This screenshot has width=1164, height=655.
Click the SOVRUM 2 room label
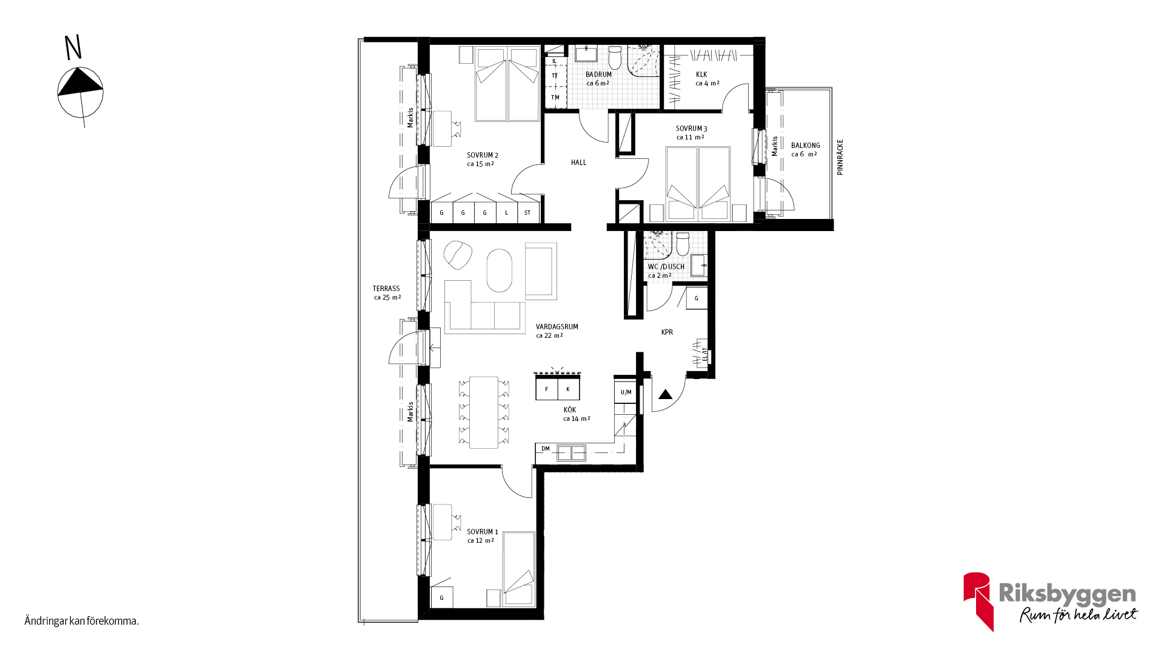click(482, 155)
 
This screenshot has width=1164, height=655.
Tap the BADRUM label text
click(598, 75)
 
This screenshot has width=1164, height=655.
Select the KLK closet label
click(701, 75)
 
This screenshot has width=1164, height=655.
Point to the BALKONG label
click(805, 146)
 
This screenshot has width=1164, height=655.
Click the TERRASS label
click(386, 289)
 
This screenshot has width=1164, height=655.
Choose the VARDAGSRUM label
click(557, 327)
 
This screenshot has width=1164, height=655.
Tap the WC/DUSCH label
click(666, 267)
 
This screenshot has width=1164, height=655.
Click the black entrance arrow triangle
click(666, 394)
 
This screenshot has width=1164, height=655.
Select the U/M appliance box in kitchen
click(626, 392)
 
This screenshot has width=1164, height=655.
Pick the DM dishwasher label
click(546, 449)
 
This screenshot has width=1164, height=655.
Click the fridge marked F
click(547, 389)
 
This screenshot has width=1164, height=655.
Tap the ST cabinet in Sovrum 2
click(528, 212)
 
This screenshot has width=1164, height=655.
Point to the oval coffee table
click(500, 270)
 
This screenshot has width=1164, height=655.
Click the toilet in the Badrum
click(615, 58)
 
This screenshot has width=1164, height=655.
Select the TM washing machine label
click(555, 98)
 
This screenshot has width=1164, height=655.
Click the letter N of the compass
click(73, 47)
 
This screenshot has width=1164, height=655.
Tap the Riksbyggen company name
click(1067, 594)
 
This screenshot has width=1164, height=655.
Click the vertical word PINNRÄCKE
click(840, 157)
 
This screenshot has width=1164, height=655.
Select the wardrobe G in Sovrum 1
click(441, 597)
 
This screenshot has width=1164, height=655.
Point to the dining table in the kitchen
click(484, 412)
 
